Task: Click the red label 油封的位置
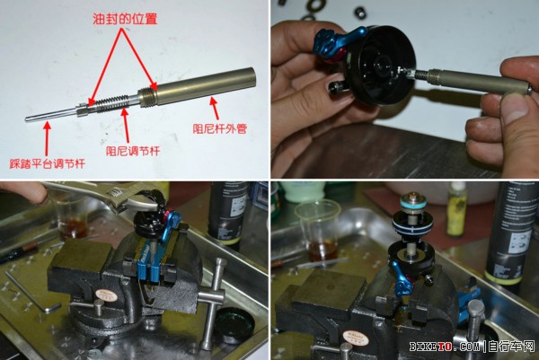[x=125, y=19]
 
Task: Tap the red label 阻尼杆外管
[x=220, y=129]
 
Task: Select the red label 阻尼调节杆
[x=133, y=151]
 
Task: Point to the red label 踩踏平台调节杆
[x=47, y=163]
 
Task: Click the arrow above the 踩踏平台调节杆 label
[x=47, y=138]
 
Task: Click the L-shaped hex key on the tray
[x=32, y=293]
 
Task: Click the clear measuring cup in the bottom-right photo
[x=319, y=231]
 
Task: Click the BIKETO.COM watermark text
[x=444, y=347]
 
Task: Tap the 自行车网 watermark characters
[x=511, y=347]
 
